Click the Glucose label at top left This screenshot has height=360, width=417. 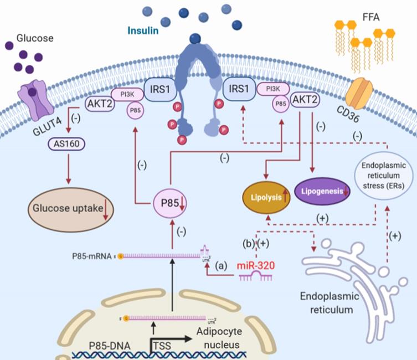click(x=35, y=38)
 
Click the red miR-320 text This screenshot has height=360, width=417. click(x=254, y=266)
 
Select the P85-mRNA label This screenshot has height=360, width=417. click(x=91, y=256)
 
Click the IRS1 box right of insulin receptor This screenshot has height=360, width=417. click(x=239, y=89)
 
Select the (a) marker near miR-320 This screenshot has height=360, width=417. click(x=225, y=266)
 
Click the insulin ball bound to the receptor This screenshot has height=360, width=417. click(x=194, y=38)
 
